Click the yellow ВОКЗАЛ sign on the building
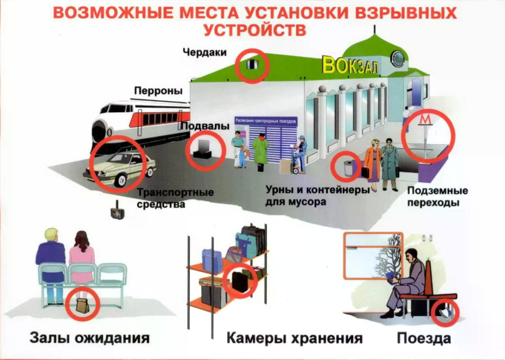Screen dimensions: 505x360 (x=351, y=66)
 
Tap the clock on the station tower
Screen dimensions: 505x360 (x=398, y=59)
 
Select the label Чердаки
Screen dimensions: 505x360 (x=205, y=52)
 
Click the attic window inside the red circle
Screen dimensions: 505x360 (x=252, y=65)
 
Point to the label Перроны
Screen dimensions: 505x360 (x=158, y=90)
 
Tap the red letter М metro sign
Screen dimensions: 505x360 (x=426, y=119)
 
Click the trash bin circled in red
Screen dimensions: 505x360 (x=348, y=168)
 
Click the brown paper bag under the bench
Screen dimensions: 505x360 (x=83, y=305)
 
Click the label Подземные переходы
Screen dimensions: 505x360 (x=437, y=196)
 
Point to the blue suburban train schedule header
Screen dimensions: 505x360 (x=266, y=121)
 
